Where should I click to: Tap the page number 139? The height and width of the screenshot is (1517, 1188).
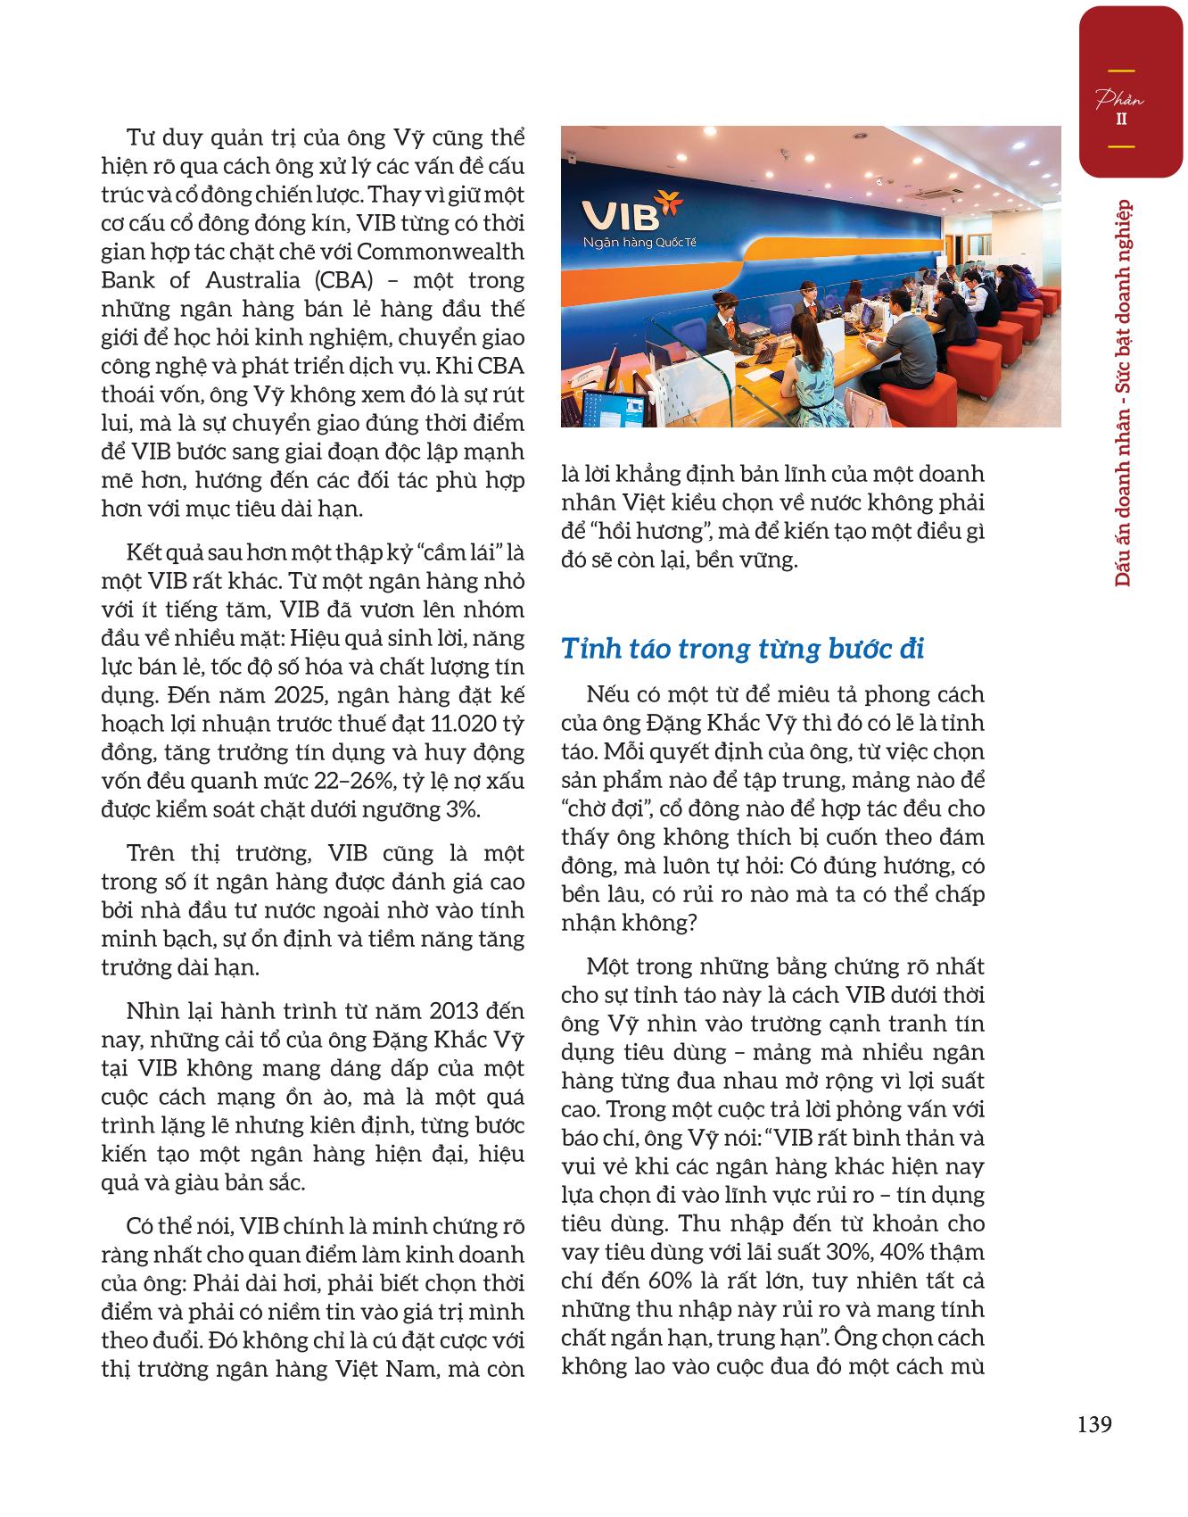point(1093,1423)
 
